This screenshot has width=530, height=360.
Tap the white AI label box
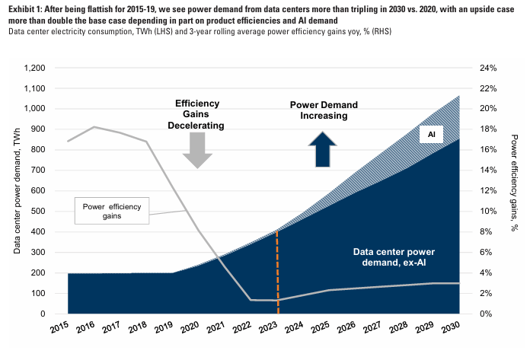click(430, 134)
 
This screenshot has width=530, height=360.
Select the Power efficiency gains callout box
click(117, 210)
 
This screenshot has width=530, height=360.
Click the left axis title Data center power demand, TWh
click(17, 191)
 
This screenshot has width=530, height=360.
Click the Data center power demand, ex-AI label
click(395, 257)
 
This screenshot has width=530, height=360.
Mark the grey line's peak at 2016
click(94, 127)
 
